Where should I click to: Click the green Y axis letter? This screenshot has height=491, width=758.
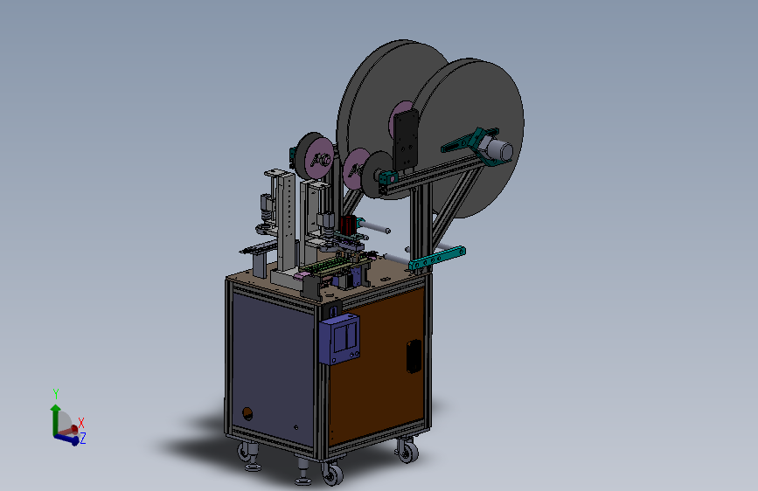[x=56, y=393]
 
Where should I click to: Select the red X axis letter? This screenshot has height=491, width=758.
[x=81, y=423]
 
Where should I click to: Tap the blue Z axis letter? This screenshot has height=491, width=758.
[x=83, y=439]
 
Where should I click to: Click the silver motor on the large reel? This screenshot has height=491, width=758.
[x=498, y=149]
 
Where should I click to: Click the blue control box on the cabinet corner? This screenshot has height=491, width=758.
[x=339, y=339]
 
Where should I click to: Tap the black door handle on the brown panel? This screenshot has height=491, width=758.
[x=414, y=356]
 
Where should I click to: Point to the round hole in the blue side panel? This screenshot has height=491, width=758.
[x=247, y=413]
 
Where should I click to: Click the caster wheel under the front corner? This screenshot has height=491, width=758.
[x=332, y=474]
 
